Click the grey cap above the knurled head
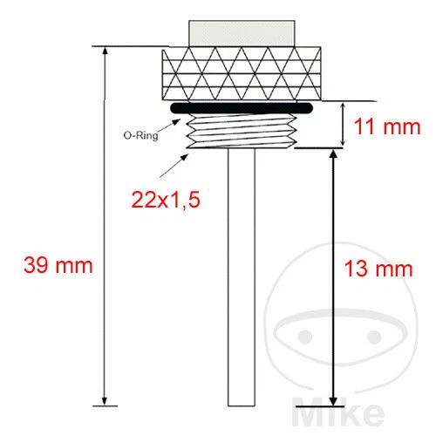(242, 32)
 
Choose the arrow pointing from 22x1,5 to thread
(181, 165)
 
